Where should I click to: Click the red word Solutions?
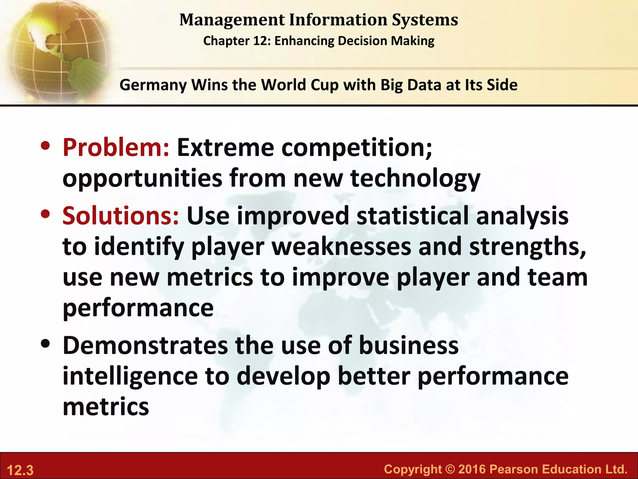click(x=121, y=216)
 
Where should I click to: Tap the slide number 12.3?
click(x=20, y=470)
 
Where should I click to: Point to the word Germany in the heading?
click(x=153, y=85)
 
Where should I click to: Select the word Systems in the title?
click(x=425, y=20)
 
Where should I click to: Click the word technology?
click(x=415, y=178)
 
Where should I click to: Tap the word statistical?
click(x=412, y=216)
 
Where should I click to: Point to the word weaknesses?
click(x=341, y=246)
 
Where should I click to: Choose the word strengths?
click(x=528, y=246)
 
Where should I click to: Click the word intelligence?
click(x=130, y=376)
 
